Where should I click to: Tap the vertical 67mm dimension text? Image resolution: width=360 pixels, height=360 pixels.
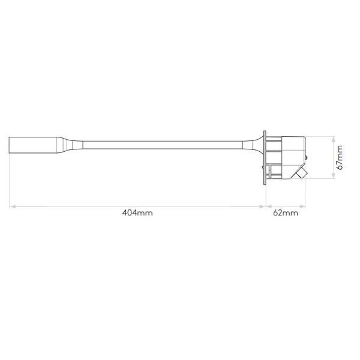coord(340,157)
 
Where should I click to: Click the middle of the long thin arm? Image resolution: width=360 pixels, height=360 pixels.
coord(162,144)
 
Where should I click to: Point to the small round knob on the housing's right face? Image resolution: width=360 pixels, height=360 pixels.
coord(308,157)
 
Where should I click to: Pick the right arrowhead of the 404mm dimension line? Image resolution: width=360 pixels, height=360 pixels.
coord(262,206)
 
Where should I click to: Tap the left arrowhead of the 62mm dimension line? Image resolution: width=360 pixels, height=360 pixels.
coord(268,206)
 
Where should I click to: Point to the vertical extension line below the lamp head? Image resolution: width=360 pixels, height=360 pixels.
coord(9,180)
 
